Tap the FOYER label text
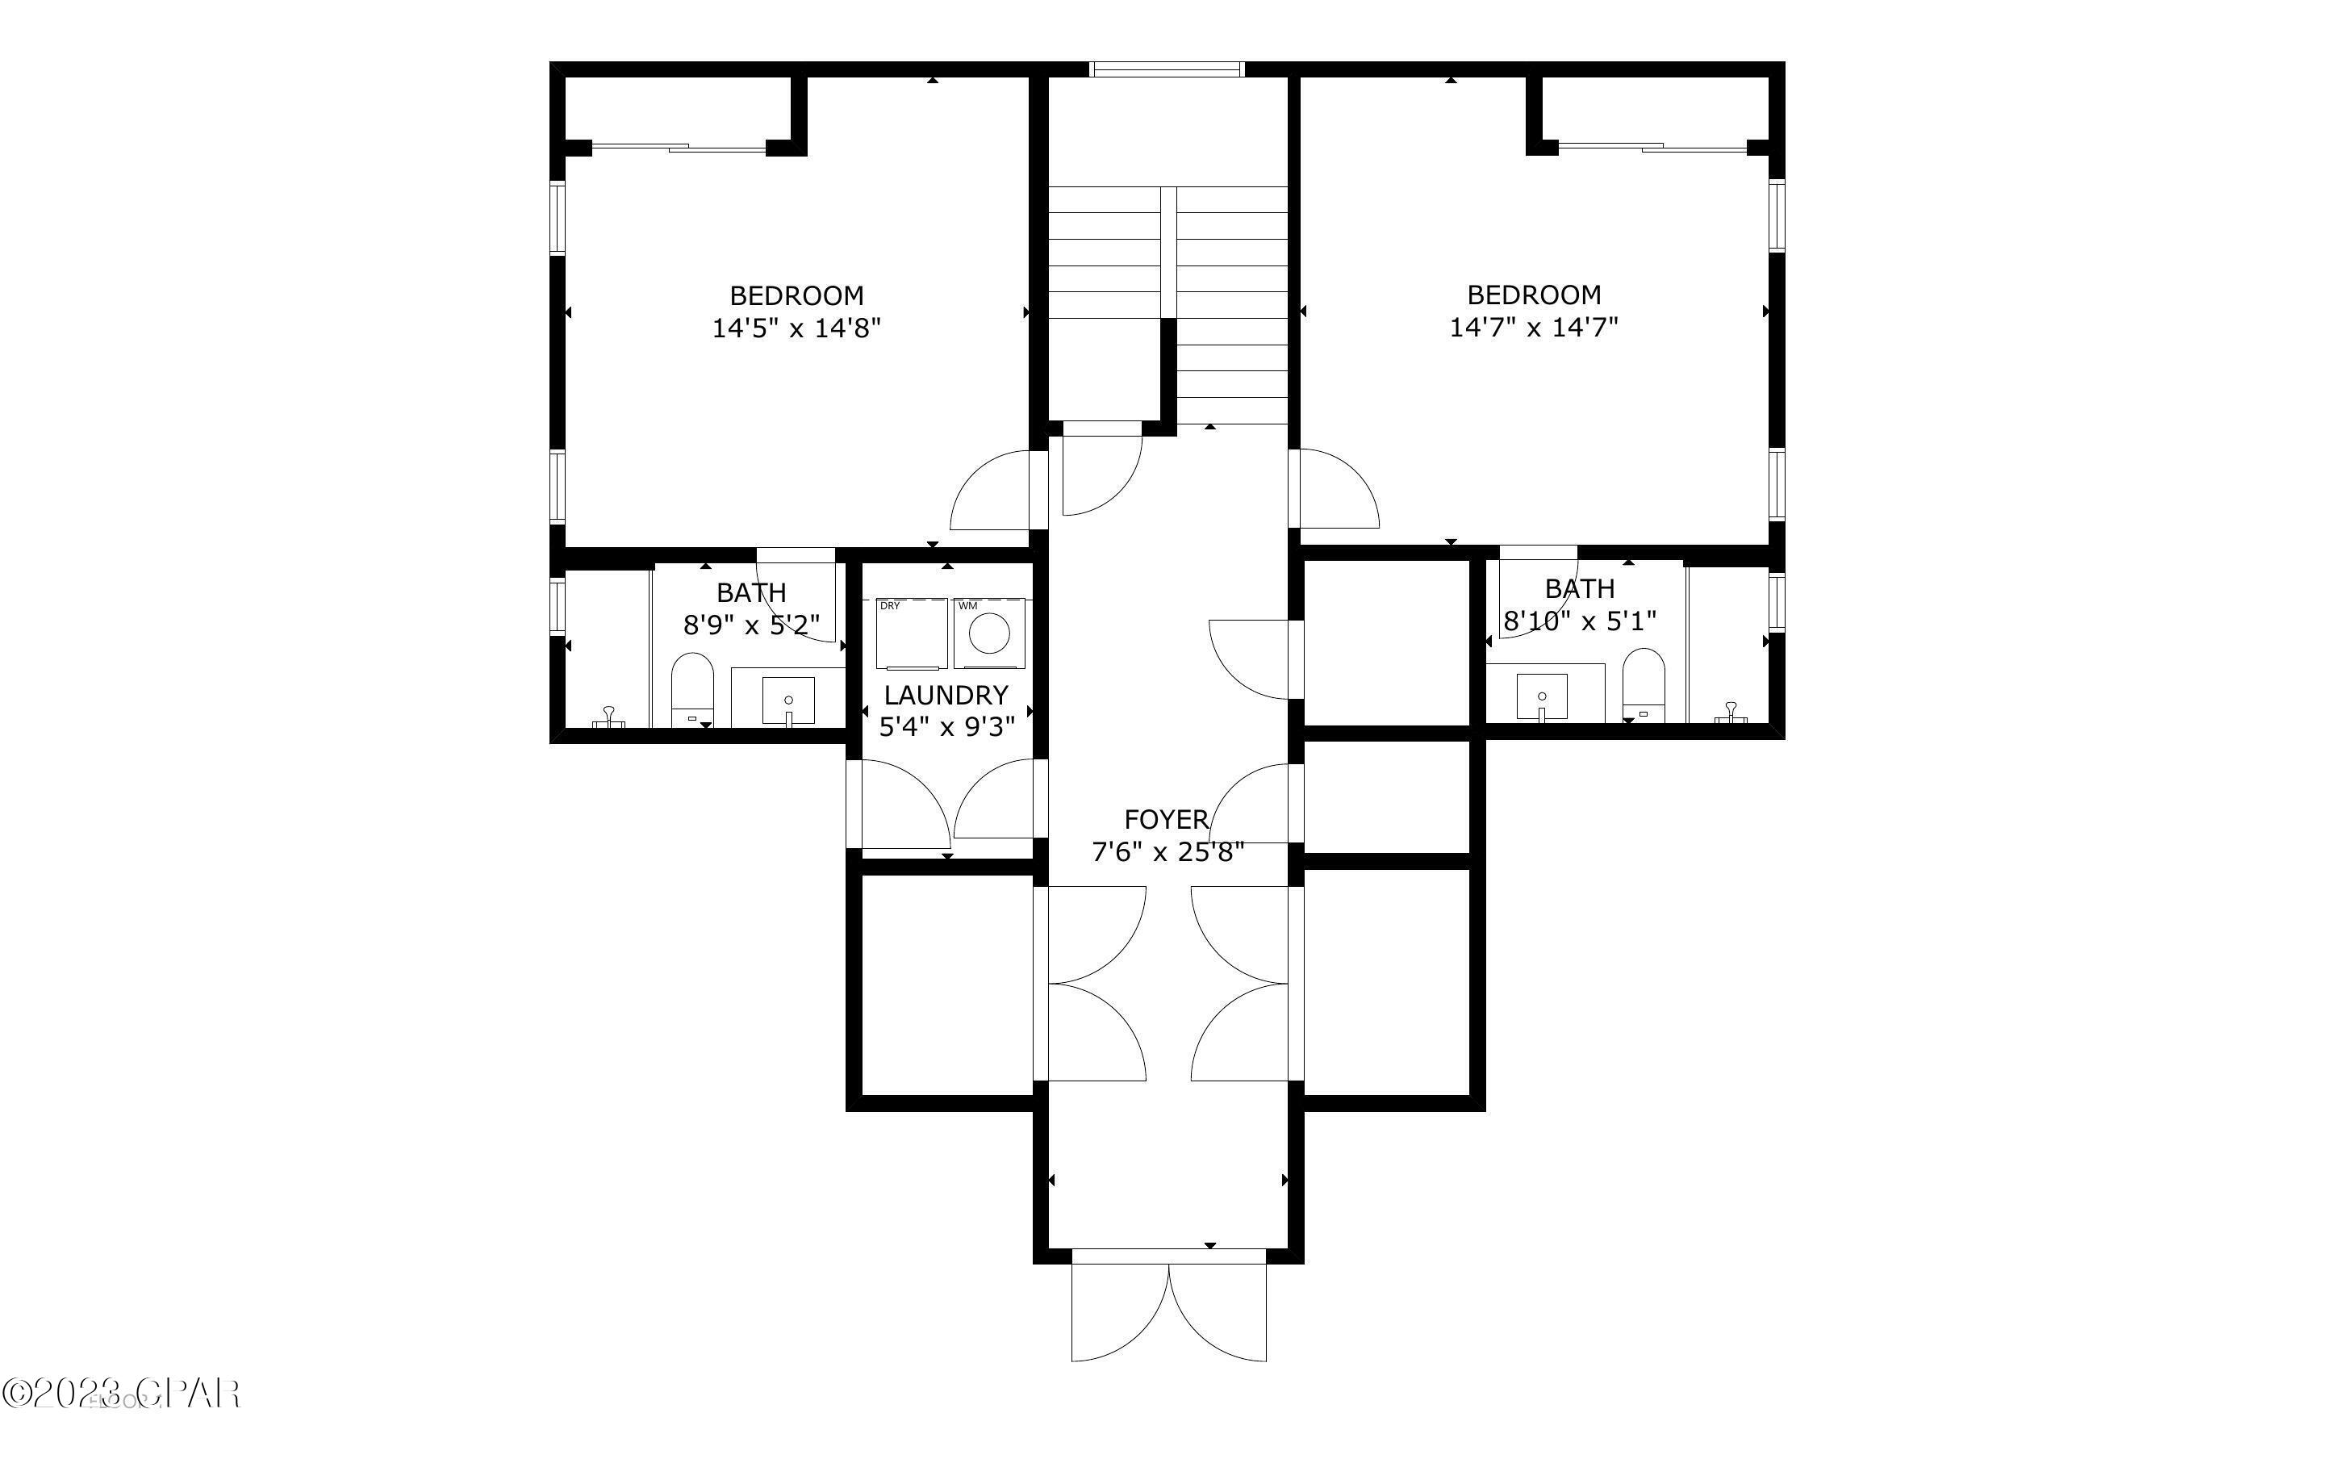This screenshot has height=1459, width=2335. pos(1166,819)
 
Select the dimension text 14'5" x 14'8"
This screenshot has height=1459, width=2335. pos(796,328)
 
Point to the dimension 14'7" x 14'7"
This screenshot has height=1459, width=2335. pos(1534,327)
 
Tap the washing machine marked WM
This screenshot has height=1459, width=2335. pos(988,633)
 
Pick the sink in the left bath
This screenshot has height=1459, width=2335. pos(788,700)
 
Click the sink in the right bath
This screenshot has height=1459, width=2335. pos(1541,696)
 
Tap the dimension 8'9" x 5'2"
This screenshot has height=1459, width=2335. pos(751,625)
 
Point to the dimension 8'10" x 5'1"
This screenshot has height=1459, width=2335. pos(1580,621)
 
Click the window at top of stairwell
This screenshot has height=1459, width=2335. pos(1166,69)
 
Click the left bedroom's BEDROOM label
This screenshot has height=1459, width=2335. pos(796,295)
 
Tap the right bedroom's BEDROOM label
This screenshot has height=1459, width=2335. pos(1534,295)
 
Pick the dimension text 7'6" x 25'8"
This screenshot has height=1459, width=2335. pos(1167,852)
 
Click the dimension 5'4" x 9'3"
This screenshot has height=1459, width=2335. pos(947,726)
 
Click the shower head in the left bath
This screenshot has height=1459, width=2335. pos(609,716)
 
